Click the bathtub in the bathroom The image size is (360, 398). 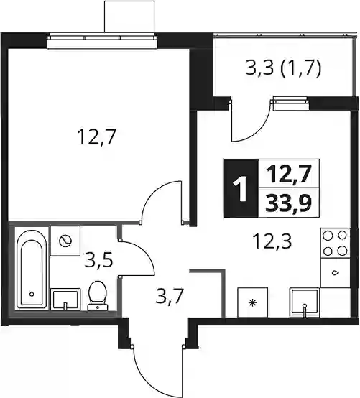[x=32, y=269]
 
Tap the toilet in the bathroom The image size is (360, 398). [x=98, y=296]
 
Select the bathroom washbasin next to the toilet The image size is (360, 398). [x=65, y=300]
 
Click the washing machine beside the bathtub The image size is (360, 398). [x=65, y=241]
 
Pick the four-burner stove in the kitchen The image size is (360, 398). [x=335, y=243]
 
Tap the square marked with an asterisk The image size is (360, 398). [x=253, y=302]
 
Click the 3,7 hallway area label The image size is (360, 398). [x=170, y=296]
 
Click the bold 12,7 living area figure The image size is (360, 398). [x=289, y=175]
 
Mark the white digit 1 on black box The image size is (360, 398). [x=241, y=189]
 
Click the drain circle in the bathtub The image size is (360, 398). [x=32, y=295]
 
